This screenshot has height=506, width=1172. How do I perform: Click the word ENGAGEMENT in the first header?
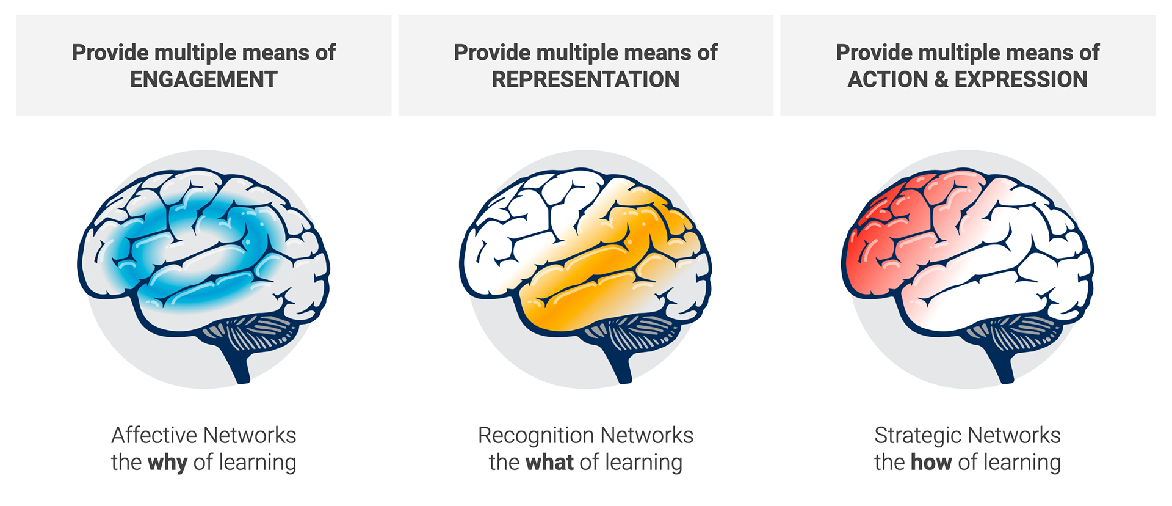204,79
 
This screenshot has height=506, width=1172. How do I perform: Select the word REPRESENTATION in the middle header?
585,79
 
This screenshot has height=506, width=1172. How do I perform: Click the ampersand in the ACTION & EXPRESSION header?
940,79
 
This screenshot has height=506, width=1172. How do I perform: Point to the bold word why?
167,463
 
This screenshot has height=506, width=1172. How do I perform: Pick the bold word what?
549,463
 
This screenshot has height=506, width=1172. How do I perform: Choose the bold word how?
931,463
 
